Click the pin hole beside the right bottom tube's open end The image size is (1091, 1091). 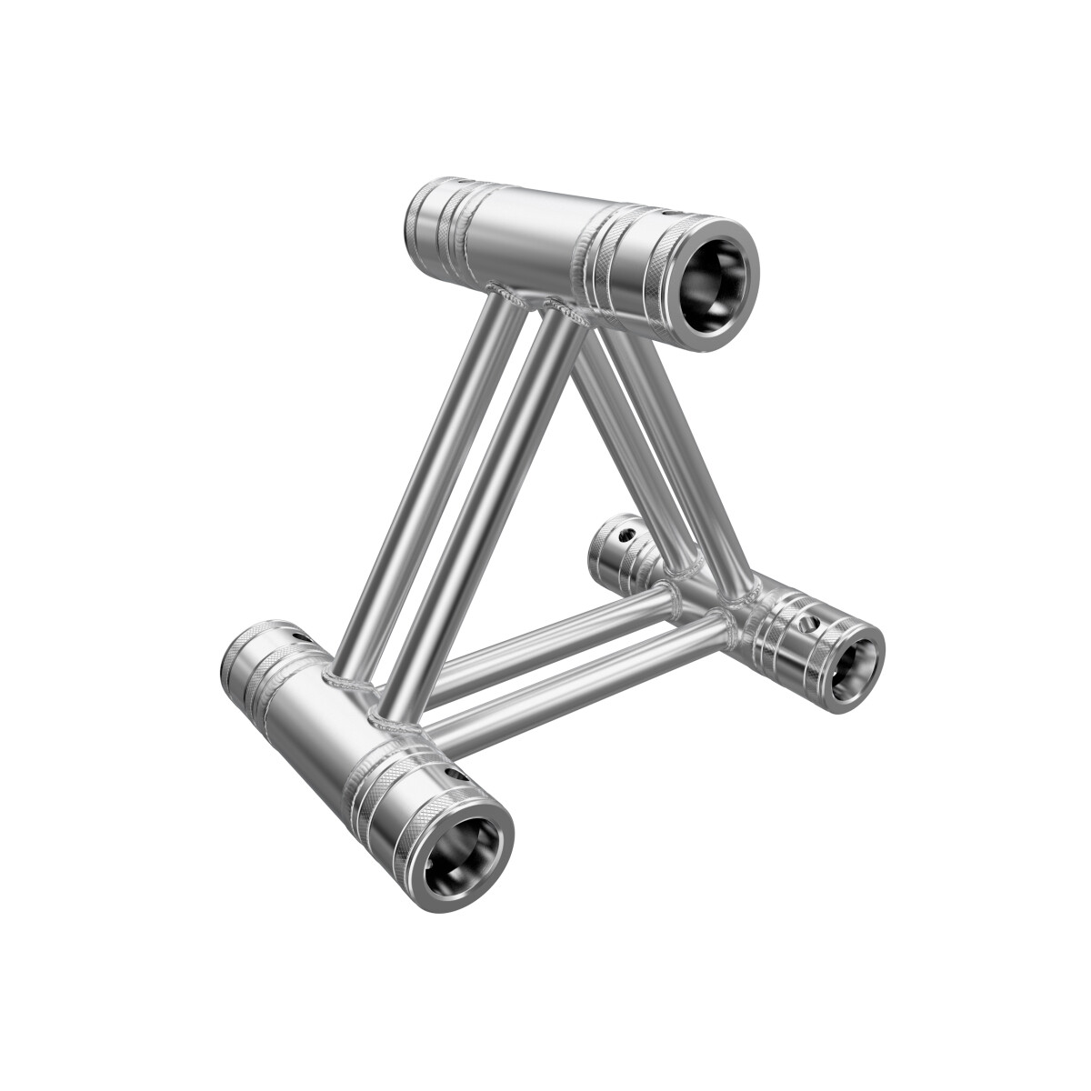[809, 625]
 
